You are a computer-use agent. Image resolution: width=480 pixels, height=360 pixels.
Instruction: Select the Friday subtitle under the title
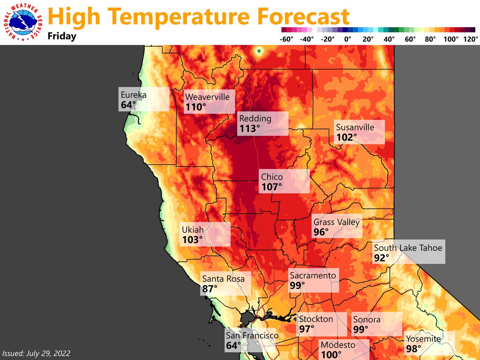pos(62,36)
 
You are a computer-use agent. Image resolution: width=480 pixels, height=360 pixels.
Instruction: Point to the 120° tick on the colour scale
pos(471,39)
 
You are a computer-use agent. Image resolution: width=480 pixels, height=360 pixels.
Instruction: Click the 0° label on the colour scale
pos(347,39)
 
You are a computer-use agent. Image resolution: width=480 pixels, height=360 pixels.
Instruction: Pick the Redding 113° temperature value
pos(250,128)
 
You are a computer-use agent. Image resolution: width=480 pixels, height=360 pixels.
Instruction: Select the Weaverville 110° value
pos(196,107)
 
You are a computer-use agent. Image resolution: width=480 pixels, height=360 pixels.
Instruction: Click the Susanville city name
pos(355,128)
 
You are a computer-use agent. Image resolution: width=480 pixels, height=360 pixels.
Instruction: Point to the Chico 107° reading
pos(272,187)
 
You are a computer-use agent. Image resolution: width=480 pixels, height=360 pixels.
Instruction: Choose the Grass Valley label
pos(336,222)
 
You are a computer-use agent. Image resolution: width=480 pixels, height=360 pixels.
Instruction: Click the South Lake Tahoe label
pos(408,248)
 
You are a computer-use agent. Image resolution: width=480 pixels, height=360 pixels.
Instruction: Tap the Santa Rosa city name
pos(223,278)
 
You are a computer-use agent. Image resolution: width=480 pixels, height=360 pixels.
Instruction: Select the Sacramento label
pos(313,276)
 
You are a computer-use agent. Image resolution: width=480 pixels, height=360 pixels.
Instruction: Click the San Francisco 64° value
pos(234,345)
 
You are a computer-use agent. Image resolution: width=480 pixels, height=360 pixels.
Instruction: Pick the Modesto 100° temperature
pos(331,354)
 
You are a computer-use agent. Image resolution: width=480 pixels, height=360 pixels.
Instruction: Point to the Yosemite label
pos(424,339)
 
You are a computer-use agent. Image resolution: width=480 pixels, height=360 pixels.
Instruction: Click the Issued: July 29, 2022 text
pos(36,354)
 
